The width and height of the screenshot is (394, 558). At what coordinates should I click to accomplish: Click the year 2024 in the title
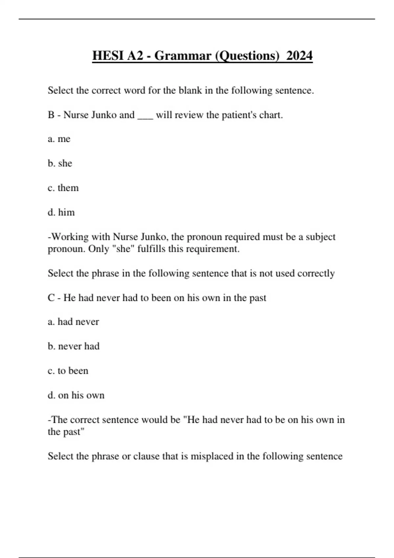click(x=299, y=55)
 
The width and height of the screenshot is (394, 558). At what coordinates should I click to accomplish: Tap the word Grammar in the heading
click(x=183, y=55)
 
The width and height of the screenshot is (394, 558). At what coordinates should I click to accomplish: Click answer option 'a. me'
click(x=59, y=139)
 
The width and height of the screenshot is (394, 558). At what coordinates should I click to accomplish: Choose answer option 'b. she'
click(x=60, y=163)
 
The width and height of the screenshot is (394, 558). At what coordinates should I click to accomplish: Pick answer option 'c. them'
click(x=63, y=188)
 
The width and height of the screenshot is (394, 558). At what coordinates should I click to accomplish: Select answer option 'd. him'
click(x=61, y=212)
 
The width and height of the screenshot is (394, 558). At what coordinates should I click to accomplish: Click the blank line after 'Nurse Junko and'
click(x=145, y=116)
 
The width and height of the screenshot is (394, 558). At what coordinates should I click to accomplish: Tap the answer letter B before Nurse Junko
click(x=51, y=115)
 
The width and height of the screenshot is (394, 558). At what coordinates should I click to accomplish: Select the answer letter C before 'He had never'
click(x=51, y=298)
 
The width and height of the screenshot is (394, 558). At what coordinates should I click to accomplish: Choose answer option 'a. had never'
click(x=73, y=322)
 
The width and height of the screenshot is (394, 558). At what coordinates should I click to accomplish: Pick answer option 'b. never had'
click(x=74, y=346)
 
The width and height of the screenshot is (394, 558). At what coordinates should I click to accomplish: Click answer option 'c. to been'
click(x=68, y=371)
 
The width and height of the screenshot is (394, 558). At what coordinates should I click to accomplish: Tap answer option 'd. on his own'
click(x=76, y=395)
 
